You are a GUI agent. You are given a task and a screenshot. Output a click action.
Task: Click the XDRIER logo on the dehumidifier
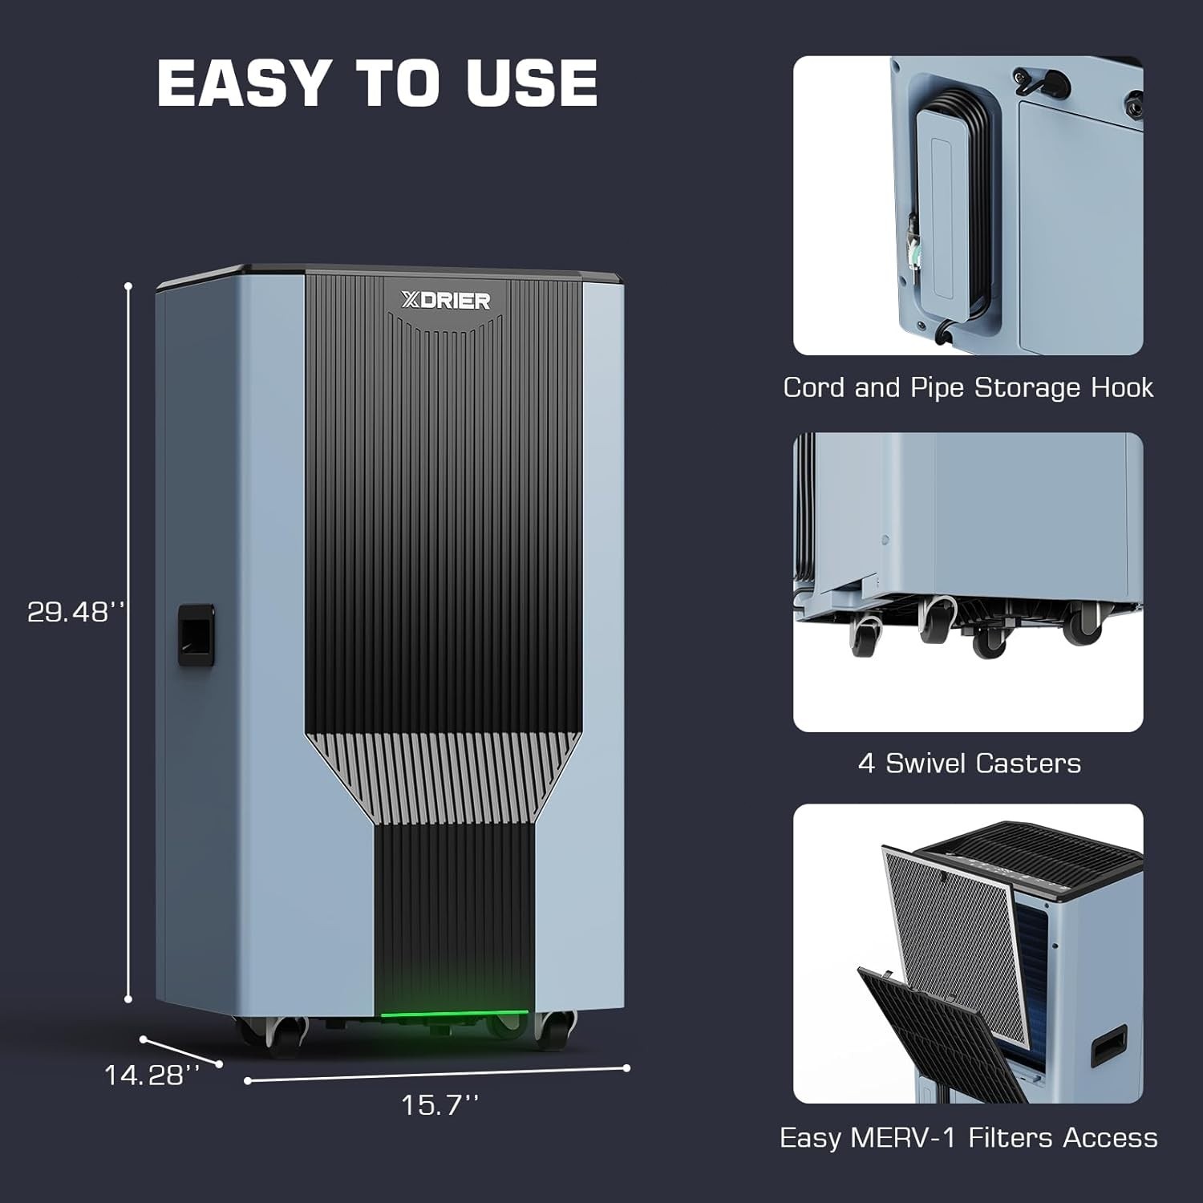(x=445, y=301)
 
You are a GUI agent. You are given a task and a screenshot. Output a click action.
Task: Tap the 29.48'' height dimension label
(x=76, y=612)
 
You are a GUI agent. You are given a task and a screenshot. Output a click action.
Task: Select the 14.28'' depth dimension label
(x=151, y=1075)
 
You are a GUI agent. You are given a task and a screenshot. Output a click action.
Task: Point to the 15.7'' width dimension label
(x=439, y=1105)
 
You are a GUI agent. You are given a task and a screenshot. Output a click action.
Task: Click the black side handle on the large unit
(x=196, y=634)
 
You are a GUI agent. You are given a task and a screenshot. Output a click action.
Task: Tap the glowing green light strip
(x=454, y=1014)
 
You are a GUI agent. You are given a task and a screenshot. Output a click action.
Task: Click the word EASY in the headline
(x=244, y=83)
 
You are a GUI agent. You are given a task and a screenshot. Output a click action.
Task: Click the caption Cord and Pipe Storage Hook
(x=968, y=388)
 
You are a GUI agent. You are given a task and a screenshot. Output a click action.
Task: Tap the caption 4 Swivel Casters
(x=969, y=763)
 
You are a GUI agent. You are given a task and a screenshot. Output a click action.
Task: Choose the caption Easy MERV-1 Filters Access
(x=968, y=1137)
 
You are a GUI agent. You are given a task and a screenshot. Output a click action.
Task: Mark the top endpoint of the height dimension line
(x=128, y=286)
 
